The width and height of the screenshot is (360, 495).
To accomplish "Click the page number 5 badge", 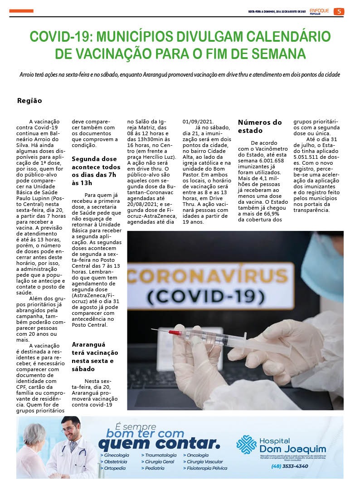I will (x=339, y=11).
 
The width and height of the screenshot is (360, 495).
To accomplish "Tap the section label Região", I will (x=29, y=101).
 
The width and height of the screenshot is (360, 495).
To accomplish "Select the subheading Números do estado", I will (x=260, y=126).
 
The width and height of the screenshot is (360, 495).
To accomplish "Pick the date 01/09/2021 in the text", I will (x=198, y=122).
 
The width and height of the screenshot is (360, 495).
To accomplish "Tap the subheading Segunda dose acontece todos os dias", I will (x=96, y=171).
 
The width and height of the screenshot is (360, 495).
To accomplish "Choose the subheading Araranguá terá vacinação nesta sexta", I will (x=95, y=357).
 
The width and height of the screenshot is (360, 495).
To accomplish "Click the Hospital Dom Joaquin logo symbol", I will (x=246, y=444).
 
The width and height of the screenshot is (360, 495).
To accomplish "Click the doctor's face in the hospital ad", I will (x=70, y=429).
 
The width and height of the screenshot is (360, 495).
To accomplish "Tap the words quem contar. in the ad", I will (x=159, y=443).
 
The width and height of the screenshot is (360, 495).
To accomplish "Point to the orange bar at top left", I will (x=21, y=11).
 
